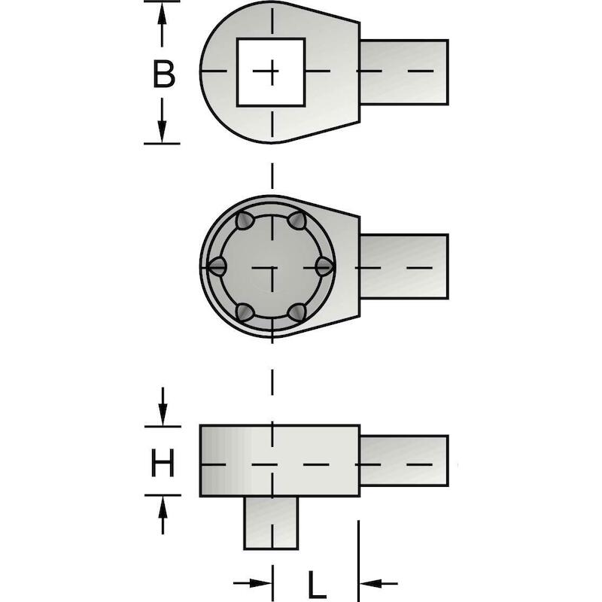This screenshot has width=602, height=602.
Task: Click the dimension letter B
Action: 164,74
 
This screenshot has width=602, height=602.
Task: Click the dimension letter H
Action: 163,464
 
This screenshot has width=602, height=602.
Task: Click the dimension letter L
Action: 317,585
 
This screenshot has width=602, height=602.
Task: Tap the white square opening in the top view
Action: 271,71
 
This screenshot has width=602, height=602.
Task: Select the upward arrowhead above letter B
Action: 162,15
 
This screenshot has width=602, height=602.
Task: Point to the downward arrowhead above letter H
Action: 163,415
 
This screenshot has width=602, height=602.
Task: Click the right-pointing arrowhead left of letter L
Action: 260,583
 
